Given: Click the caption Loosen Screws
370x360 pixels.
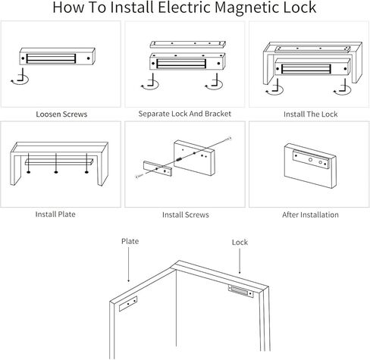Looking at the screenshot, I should coord(61,114).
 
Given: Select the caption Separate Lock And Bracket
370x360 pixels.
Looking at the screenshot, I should coord(185,114).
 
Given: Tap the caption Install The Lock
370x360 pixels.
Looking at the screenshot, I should coord(309,114).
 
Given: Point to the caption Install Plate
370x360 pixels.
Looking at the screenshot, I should coord(55,214).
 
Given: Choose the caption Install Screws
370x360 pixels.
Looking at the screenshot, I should coord(185,214).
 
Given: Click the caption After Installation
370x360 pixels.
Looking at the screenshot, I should coord(310,214).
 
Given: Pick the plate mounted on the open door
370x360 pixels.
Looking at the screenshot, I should coord(127,305).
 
